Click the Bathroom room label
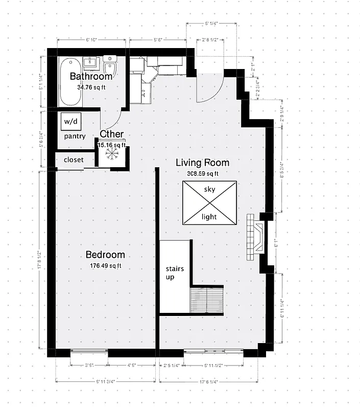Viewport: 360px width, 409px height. [91, 77]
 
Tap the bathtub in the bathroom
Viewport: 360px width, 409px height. [70, 82]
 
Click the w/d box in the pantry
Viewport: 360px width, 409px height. [70, 122]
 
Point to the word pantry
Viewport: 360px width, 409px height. [74, 137]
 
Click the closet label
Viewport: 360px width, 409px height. [74, 160]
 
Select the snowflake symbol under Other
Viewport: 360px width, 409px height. [111, 155]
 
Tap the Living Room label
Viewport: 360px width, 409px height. [202, 163]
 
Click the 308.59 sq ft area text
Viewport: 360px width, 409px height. [202, 173]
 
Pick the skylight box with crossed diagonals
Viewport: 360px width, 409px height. [210, 202]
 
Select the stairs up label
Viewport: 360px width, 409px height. [175, 272]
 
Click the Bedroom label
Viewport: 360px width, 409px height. [105, 255]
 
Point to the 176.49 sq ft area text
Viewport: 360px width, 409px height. [105, 265]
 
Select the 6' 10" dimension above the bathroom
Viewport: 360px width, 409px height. [91, 39]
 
